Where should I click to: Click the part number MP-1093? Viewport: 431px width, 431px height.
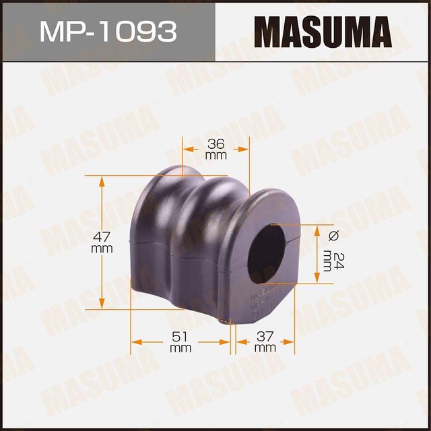108,31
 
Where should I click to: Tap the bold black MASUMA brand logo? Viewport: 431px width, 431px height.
323,31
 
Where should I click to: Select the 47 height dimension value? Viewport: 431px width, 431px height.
101,237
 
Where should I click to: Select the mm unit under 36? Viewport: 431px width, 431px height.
215,156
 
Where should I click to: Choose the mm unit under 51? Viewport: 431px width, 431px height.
180,348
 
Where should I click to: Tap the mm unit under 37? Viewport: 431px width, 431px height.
265,348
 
